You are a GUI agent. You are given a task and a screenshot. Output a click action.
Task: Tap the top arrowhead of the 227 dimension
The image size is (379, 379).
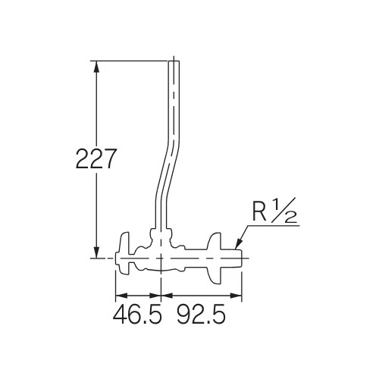point(97,65)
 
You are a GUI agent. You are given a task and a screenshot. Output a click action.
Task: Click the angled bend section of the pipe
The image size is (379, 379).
point(166,175)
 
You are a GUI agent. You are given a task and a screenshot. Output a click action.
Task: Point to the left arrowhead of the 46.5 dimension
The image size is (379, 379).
point(119,296)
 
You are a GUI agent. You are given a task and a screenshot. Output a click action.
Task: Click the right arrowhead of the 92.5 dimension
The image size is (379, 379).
point(237,296)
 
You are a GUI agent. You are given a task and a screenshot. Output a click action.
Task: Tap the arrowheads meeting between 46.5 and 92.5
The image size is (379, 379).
point(161,296)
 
